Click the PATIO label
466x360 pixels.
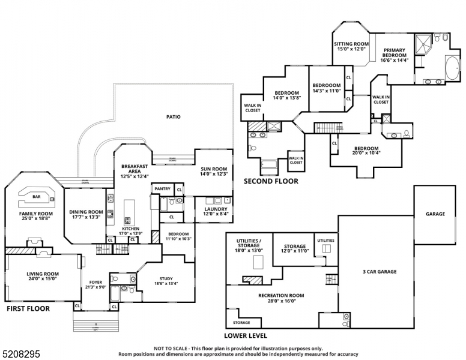pos(174,117)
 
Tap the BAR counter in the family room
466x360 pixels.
pos(36,196)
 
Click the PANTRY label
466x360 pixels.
pos(162,189)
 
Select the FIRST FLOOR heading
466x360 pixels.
pos(28,308)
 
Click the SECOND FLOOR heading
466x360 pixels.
pos(270,181)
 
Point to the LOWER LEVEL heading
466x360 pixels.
pos(246,335)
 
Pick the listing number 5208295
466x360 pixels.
pos(21,355)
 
